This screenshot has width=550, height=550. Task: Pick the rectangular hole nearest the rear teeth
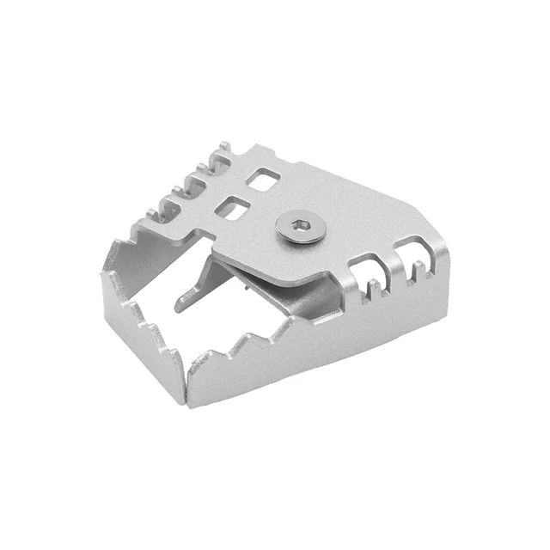pyautogui.click(x=263, y=180)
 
